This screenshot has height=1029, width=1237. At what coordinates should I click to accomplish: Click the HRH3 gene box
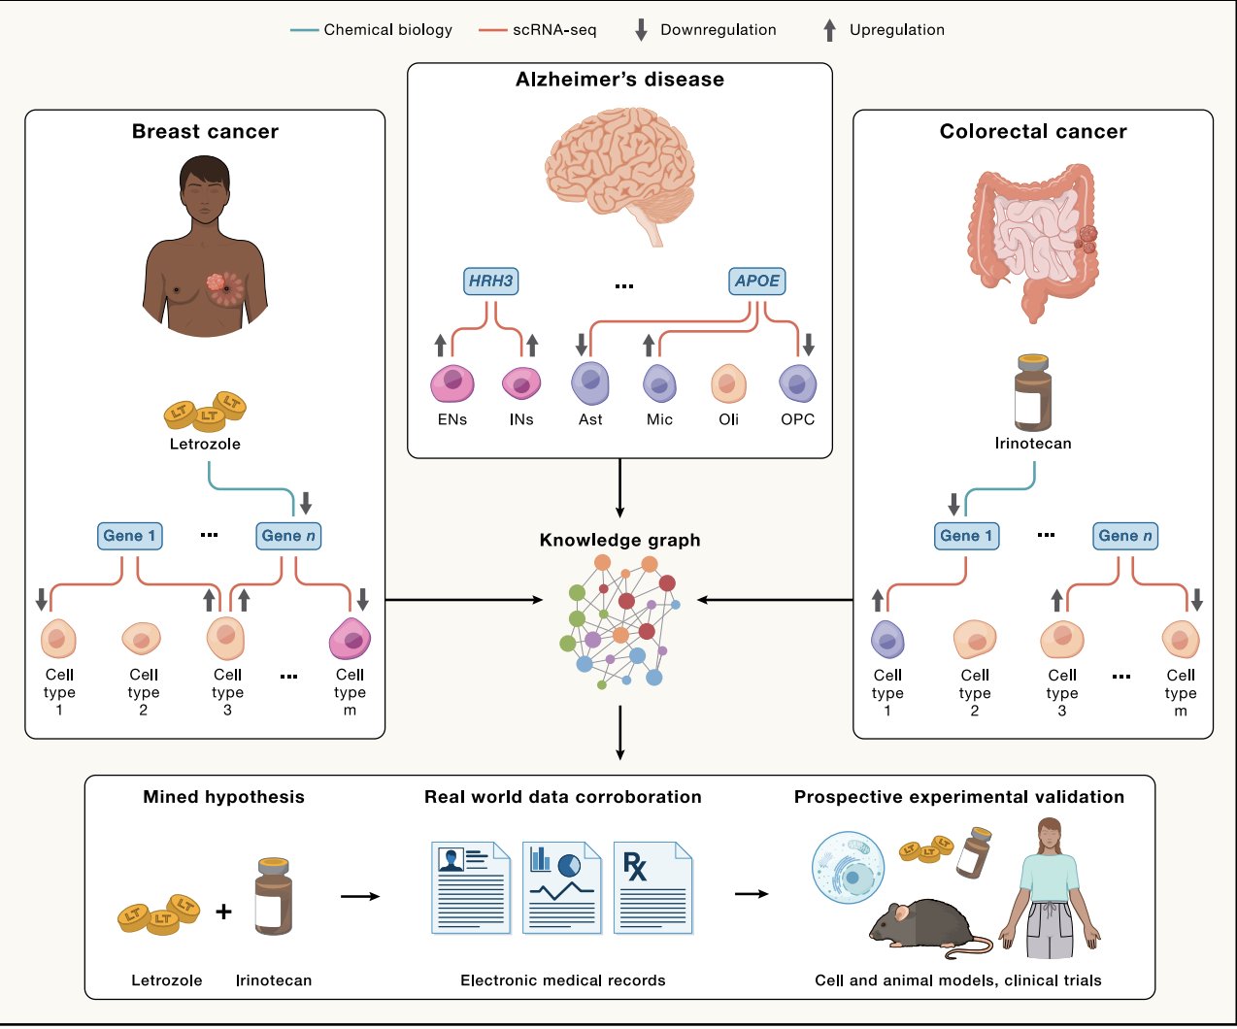pos(490,282)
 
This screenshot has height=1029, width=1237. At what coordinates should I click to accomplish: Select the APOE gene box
pos(757,282)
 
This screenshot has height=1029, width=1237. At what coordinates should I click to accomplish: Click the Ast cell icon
pos(590,383)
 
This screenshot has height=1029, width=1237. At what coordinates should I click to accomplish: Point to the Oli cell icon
pos(728,384)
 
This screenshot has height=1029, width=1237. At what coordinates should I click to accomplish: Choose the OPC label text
pos(797,419)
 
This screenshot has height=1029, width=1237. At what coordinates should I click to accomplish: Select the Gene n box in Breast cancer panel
pos(288,536)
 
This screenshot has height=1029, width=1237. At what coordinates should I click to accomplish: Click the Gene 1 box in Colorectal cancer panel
pos(966,536)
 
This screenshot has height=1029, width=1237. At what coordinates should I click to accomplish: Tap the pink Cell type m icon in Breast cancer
pos(350,639)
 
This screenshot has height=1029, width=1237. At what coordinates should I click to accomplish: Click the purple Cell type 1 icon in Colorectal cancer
pos(887,640)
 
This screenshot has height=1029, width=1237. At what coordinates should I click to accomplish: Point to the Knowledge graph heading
pos(619,540)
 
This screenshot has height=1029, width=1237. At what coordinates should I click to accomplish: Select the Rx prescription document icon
pos(652,888)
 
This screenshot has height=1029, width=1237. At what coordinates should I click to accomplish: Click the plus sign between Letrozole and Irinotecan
pos(224,911)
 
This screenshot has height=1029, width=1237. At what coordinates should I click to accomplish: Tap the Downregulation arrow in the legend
pos(641,30)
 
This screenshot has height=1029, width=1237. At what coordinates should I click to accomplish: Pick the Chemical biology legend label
pos(387,30)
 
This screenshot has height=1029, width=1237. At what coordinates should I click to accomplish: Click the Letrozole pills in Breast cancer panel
pos(205,412)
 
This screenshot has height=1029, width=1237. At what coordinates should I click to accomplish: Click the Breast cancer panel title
pos(205,131)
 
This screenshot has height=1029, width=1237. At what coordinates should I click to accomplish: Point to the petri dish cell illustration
pos(848,868)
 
